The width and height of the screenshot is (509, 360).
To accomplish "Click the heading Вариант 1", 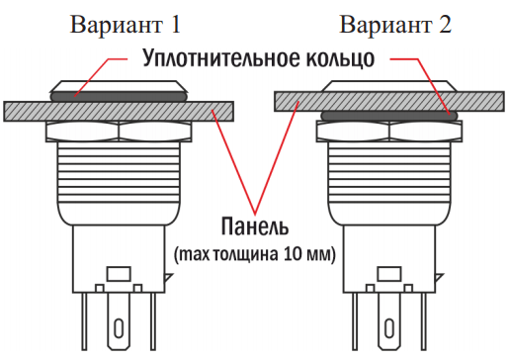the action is click(126, 25).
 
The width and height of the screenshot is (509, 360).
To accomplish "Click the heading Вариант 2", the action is click(395, 25).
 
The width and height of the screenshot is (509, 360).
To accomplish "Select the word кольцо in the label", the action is click(340, 58).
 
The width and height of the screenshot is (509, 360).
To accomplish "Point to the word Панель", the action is click(255, 226).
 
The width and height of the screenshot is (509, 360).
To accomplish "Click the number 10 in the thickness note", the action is click(292, 254).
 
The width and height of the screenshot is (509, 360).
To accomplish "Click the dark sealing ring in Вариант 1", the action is click(119, 96).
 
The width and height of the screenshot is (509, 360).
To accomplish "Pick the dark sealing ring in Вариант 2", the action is click(389, 116).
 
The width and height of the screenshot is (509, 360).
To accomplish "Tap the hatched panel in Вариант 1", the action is click(119, 112).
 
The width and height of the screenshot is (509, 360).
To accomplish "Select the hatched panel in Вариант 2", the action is click(389, 101).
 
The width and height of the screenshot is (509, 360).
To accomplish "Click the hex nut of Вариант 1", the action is click(119, 132).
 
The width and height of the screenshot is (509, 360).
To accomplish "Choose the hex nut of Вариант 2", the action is click(389, 132).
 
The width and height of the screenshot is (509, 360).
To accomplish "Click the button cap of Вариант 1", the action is click(119, 86).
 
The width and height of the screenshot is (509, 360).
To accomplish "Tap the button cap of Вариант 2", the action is click(389, 85).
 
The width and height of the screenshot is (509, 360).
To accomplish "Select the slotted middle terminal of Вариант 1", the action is click(119, 321).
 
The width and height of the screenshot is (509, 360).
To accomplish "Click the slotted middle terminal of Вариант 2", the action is click(389, 321).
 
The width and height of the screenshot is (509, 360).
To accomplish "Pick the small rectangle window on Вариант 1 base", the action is click(119, 274).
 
